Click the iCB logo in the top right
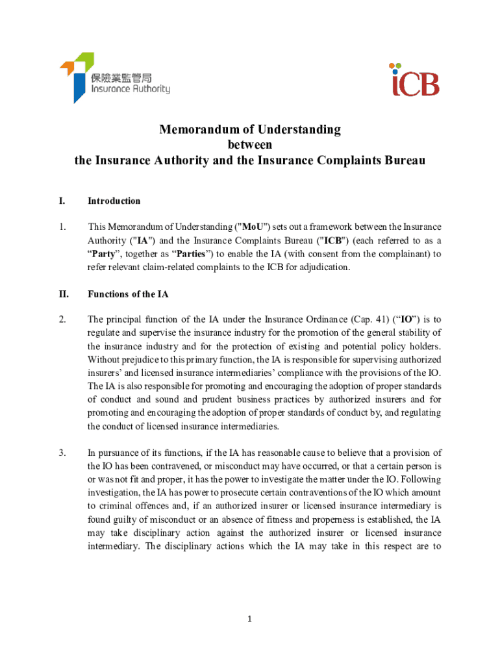(x=415, y=81)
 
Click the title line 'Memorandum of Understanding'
(x=250, y=130)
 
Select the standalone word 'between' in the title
(x=250, y=144)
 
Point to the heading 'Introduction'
(x=114, y=201)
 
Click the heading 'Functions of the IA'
(x=128, y=294)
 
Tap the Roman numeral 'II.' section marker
(x=64, y=294)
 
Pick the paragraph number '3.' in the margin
(x=62, y=453)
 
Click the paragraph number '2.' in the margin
(x=62, y=320)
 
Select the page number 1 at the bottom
(x=249, y=619)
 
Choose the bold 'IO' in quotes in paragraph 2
(x=408, y=320)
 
